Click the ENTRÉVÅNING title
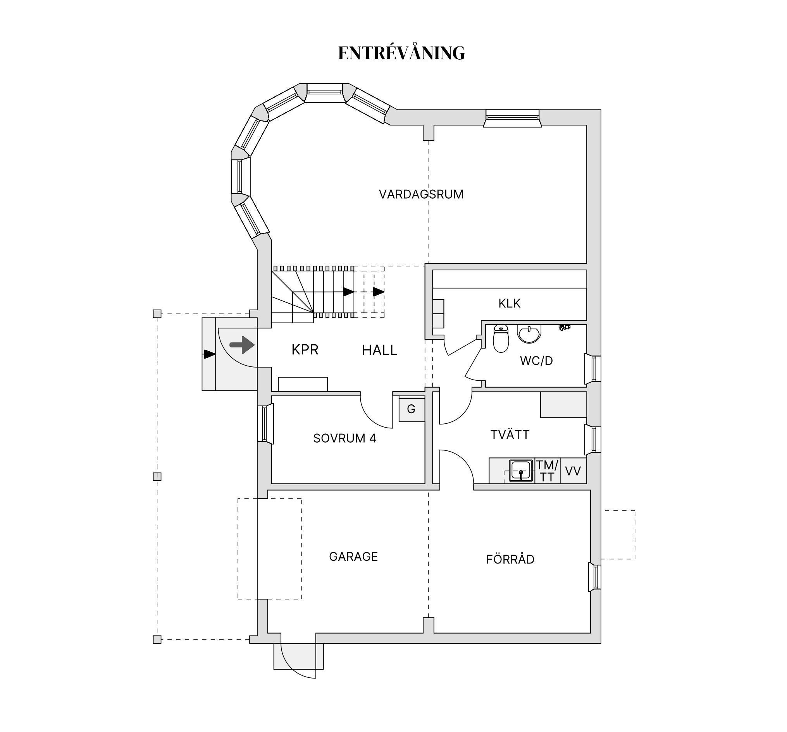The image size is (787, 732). click(x=401, y=53)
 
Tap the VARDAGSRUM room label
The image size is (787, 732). click(x=421, y=194)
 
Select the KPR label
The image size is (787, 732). click(x=305, y=350)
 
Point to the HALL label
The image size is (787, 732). click(x=379, y=350)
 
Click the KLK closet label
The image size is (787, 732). click(x=510, y=304)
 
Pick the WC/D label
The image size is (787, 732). click(x=536, y=361)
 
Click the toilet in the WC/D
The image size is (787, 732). click(x=501, y=338)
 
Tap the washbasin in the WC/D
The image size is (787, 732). click(x=529, y=334)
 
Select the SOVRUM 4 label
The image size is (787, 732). click(x=344, y=438)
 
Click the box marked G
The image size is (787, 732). click(x=411, y=409)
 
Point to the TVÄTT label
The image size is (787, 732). click(x=510, y=435)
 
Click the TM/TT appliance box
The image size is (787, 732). click(x=548, y=471)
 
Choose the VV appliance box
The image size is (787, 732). click(x=573, y=471)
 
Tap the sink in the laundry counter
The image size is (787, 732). click(x=521, y=471)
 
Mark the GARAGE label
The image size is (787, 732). click(x=353, y=557)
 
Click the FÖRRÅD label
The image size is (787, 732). click(x=510, y=559)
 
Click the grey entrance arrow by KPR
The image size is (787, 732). click(x=242, y=345)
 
